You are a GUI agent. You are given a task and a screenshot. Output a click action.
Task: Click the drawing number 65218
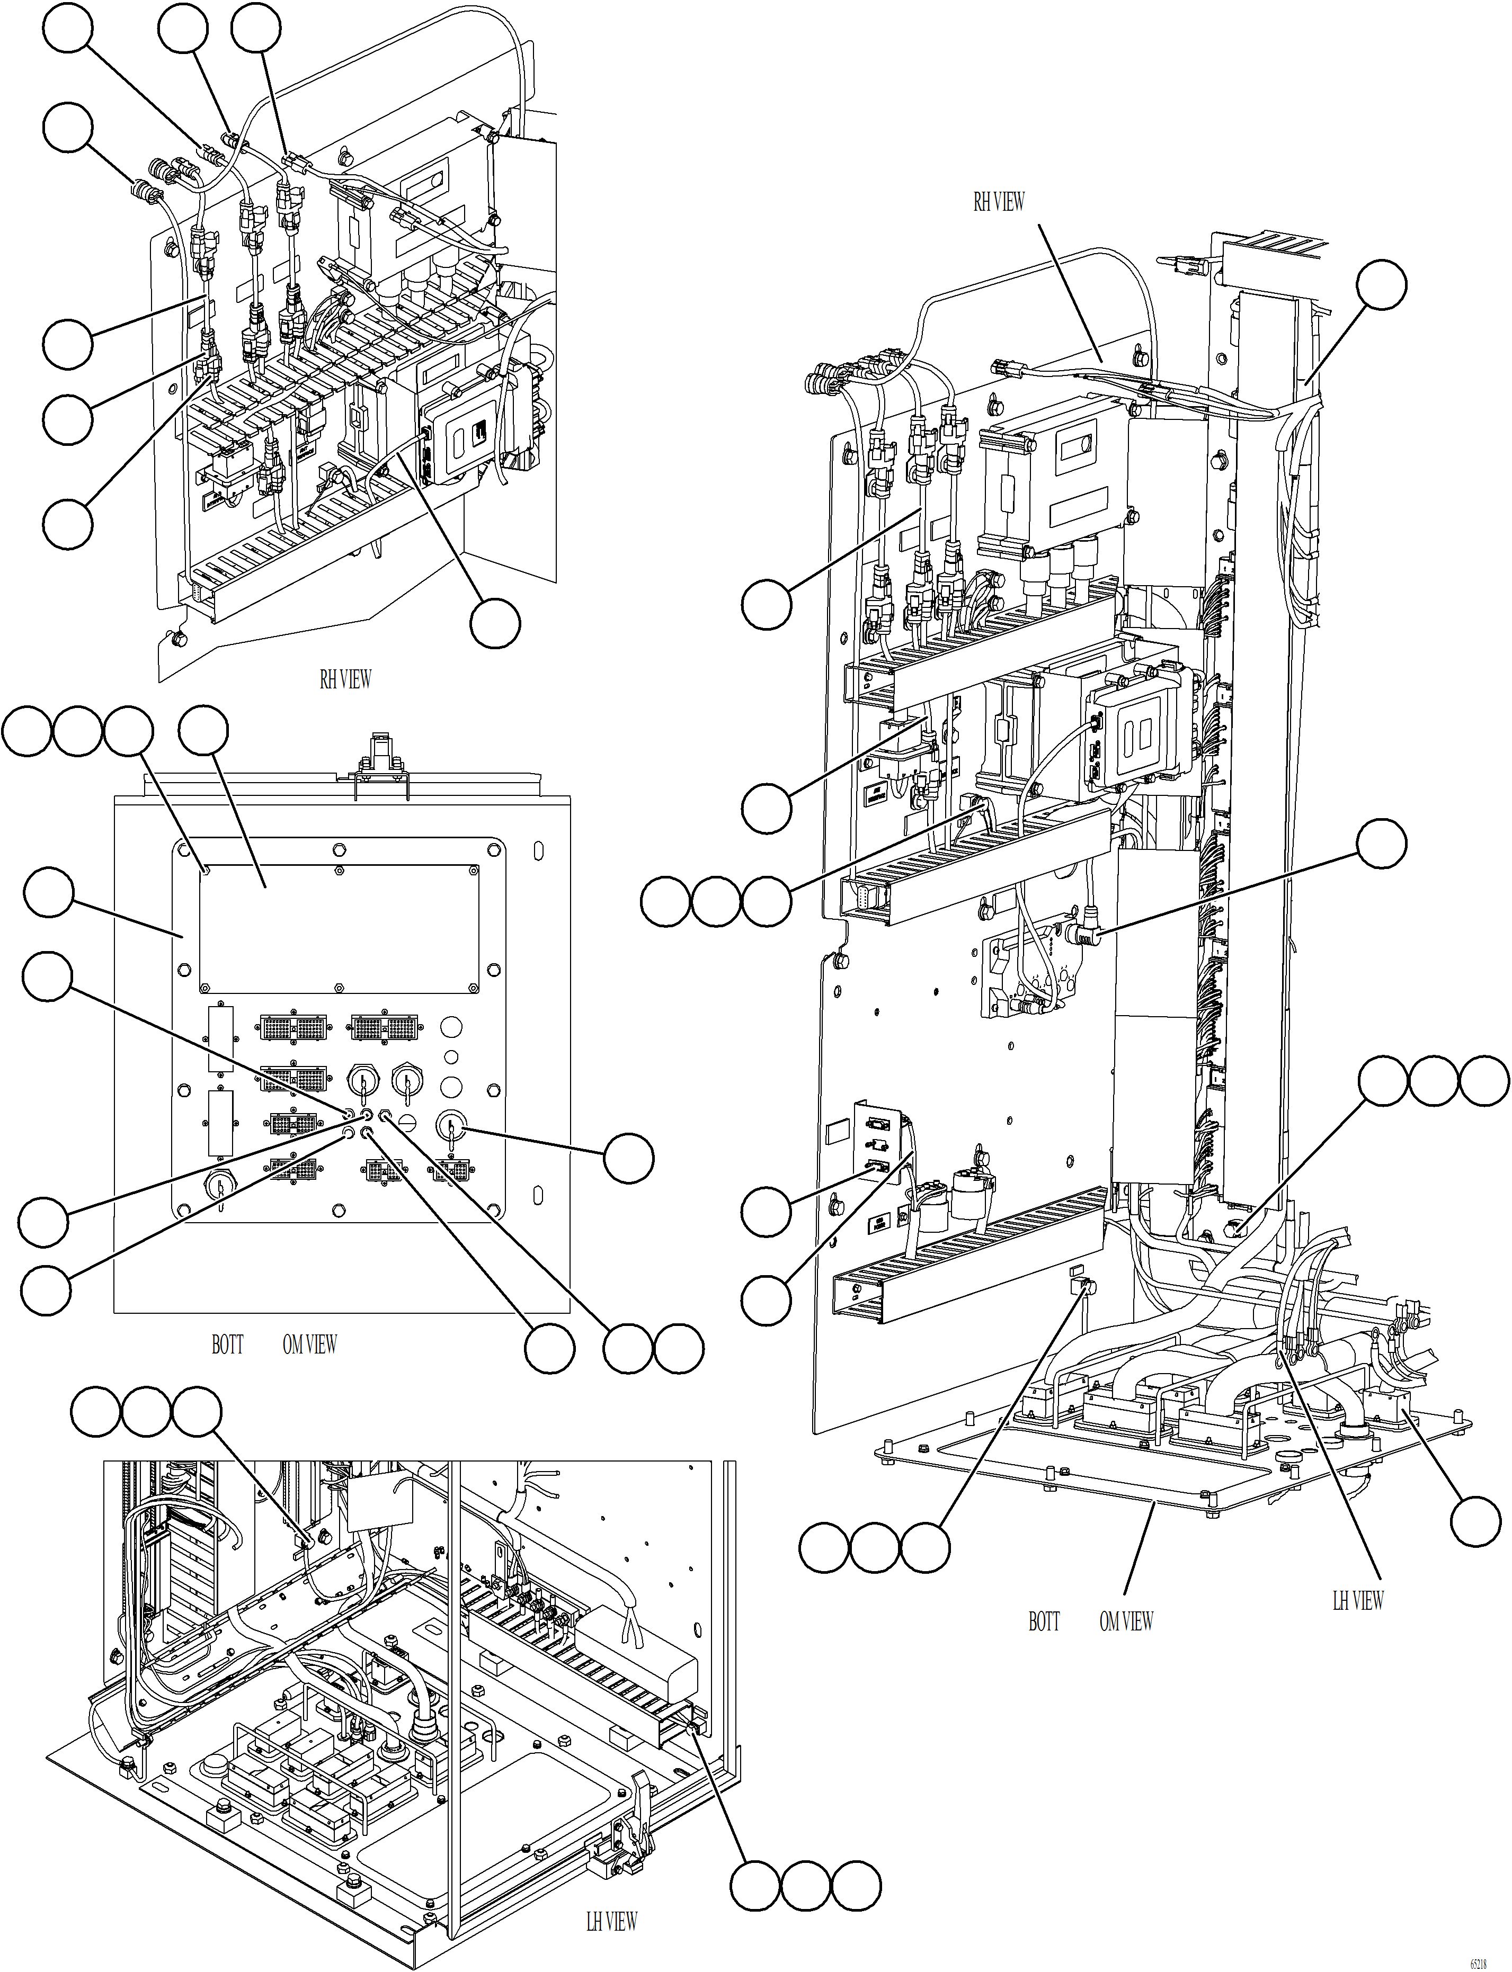pyautogui.click(x=1478, y=1962)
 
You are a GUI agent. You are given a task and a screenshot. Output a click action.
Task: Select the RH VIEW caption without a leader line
pyautogui.click(x=345, y=680)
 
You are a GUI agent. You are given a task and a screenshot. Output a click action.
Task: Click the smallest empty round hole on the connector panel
pyautogui.click(x=452, y=1056)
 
